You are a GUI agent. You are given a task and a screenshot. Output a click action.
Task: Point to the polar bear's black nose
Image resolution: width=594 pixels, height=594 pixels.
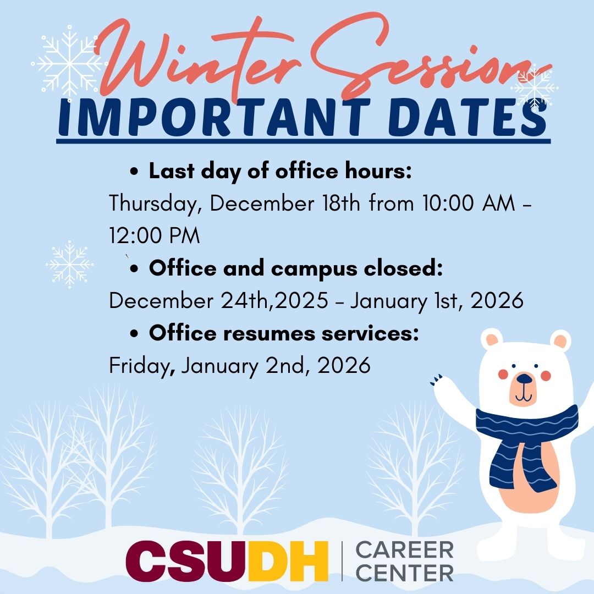[x=525, y=379]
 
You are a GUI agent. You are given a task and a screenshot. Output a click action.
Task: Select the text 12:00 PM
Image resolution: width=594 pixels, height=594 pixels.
[x=155, y=236]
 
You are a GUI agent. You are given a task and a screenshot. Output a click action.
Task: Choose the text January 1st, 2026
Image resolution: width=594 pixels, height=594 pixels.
[x=437, y=301]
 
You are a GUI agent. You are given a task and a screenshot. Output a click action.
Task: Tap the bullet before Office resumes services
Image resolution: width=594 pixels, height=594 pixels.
[x=135, y=334]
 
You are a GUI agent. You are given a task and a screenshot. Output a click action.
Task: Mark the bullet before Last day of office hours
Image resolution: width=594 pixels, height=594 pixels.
[x=135, y=172]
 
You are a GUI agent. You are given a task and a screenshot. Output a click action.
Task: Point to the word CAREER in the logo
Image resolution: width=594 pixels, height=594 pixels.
[x=404, y=549]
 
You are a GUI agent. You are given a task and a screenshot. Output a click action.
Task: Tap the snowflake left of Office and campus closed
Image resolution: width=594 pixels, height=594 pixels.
[x=69, y=265]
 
